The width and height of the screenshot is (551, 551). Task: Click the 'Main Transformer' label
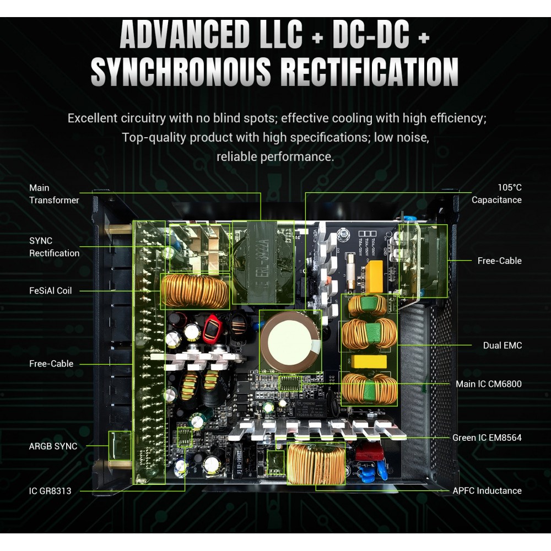[54, 193]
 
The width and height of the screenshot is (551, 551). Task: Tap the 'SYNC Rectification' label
[54, 247]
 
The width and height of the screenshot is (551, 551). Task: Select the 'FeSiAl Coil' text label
[50, 290]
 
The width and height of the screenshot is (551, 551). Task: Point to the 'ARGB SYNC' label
[53, 446]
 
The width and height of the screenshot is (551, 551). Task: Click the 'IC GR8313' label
[50, 490]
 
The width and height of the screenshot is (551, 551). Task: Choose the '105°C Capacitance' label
[496, 193]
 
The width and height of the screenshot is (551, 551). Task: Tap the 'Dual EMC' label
[503, 345]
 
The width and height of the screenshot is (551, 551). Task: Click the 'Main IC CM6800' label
[489, 383]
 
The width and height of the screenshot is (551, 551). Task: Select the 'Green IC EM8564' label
[487, 437]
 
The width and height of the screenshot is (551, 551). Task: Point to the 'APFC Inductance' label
[487, 490]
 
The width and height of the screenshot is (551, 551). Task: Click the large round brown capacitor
[290, 341]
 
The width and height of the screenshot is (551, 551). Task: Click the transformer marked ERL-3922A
[263, 261]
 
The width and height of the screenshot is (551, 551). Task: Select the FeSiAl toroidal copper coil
[195, 291]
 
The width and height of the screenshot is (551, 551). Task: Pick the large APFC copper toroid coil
[316, 463]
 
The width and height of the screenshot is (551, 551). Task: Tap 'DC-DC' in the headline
[371, 34]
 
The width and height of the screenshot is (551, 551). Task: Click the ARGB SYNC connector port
[120, 446]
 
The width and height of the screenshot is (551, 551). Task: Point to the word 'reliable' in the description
[237, 156]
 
